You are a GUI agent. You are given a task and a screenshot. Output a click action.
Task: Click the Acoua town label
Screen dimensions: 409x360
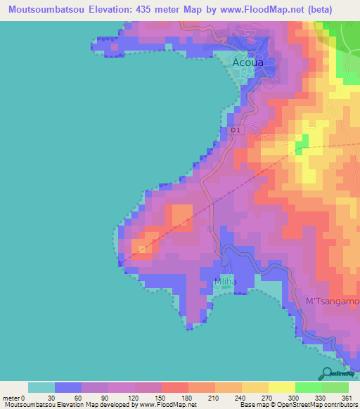coord(247,63)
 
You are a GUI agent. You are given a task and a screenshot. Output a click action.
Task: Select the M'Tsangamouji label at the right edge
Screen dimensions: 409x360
coord(332,301)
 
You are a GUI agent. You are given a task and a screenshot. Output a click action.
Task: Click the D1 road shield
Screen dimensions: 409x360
coord(236,130)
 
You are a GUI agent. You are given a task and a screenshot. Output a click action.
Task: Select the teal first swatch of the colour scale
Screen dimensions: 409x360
coord(41,387)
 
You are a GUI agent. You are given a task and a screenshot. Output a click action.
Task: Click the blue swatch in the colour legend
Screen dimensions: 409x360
coord(68,387)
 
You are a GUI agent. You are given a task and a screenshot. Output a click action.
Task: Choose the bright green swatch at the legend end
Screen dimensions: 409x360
coord(335,387)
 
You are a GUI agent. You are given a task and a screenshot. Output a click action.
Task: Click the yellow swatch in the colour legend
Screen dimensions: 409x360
coord(282,387)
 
